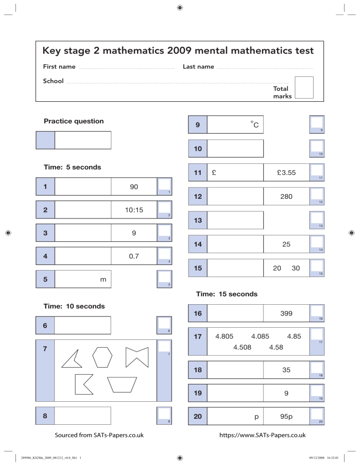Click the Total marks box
[x=304, y=87]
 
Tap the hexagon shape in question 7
[x=102, y=358]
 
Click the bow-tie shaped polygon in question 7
[x=137, y=358]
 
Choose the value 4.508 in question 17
[x=241, y=347]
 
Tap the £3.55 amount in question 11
[x=286, y=173]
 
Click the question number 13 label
[x=197, y=220]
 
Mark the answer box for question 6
[x=83, y=325]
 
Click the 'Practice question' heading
[x=74, y=121]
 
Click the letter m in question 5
[x=103, y=279]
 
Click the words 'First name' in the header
[x=59, y=67]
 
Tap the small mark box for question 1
[x=164, y=185]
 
